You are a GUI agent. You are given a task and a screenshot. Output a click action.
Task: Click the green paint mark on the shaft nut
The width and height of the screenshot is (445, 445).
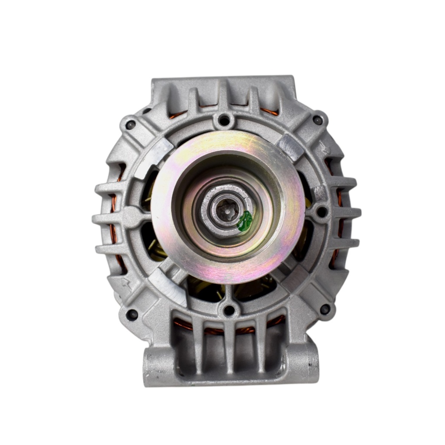[245, 221]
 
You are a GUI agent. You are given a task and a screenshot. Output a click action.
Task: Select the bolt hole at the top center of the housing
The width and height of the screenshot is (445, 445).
[223, 120]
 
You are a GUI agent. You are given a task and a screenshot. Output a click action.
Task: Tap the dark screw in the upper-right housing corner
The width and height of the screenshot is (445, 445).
[318, 120]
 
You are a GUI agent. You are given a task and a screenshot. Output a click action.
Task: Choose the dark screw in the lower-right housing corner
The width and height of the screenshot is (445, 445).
[324, 309]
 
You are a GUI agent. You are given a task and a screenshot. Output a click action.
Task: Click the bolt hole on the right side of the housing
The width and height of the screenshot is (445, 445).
[322, 212]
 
